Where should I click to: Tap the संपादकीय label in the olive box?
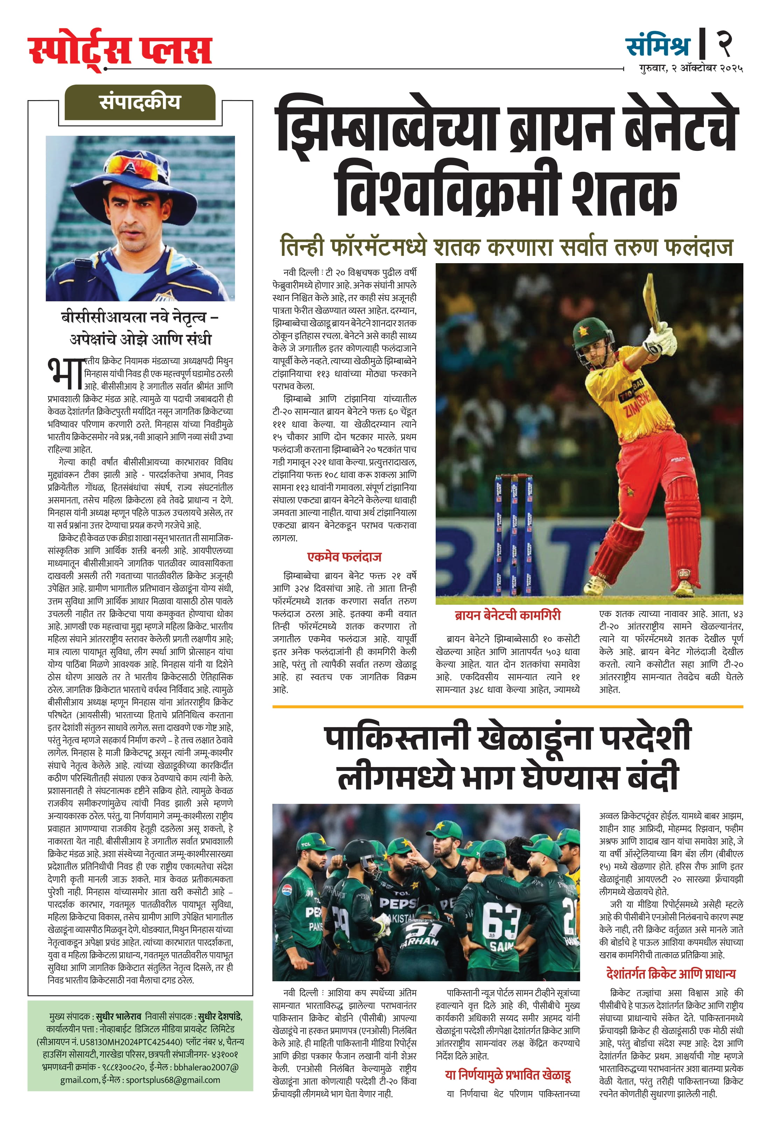140,103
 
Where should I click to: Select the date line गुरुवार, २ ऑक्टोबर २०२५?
690,69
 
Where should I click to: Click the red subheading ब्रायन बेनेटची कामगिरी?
507,615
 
